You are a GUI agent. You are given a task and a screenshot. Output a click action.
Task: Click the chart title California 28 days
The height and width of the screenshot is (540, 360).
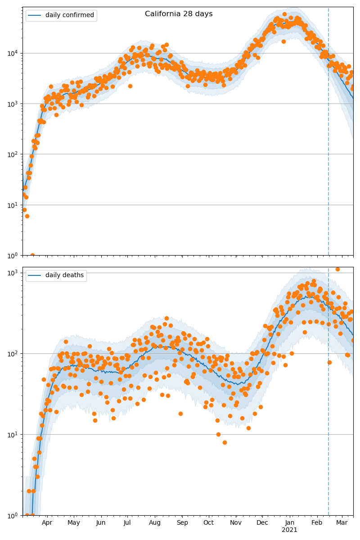(x=179, y=14)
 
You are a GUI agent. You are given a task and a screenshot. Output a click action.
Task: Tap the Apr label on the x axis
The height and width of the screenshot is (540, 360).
(x=47, y=523)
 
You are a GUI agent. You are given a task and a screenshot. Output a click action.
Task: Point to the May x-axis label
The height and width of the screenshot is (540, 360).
(x=74, y=523)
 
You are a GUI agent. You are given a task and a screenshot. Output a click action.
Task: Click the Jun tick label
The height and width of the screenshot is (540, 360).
(x=101, y=523)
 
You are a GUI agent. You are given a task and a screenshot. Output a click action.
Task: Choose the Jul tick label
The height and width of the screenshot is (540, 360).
(x=127, y=523)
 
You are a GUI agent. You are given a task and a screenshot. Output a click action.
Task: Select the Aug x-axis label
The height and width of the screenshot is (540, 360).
(x=155, y=523)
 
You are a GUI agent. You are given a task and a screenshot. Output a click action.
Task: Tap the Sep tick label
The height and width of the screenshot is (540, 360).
(x=182, y=523)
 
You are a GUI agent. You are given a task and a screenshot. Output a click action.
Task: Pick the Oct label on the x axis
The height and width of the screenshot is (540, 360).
(x=208, y=523)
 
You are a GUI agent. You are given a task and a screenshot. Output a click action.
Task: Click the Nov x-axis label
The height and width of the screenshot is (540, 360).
(x=236, y=523)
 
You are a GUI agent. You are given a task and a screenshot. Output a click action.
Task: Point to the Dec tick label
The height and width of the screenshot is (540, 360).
(x=262, y=523)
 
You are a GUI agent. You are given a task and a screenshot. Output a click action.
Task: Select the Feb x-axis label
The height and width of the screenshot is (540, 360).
(x=317, y=523)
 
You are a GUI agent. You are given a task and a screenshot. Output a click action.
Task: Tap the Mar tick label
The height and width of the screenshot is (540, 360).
(x=342, y=523)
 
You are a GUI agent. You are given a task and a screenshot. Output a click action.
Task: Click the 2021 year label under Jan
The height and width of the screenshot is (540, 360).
(x=290, y=530)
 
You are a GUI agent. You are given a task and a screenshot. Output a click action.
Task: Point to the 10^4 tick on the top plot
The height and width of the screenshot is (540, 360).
(x=12, y=53)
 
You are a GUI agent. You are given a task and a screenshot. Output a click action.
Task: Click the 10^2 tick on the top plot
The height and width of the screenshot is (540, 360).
(x=12, y=154)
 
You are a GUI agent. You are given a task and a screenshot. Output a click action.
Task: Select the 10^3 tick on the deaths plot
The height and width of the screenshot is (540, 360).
(x=12, y=272)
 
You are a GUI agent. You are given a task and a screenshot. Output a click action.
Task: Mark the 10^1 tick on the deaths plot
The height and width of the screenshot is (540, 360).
(x=12, y=434)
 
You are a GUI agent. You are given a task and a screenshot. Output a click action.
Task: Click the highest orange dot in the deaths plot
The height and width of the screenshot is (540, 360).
(x=337, y=269)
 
